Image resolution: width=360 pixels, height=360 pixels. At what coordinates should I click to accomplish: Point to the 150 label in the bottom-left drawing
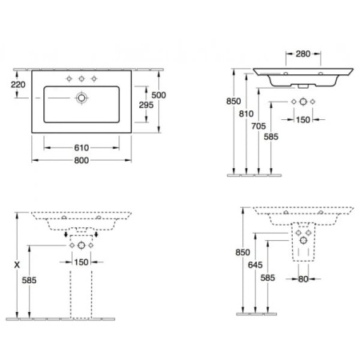[x=79, y=262]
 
